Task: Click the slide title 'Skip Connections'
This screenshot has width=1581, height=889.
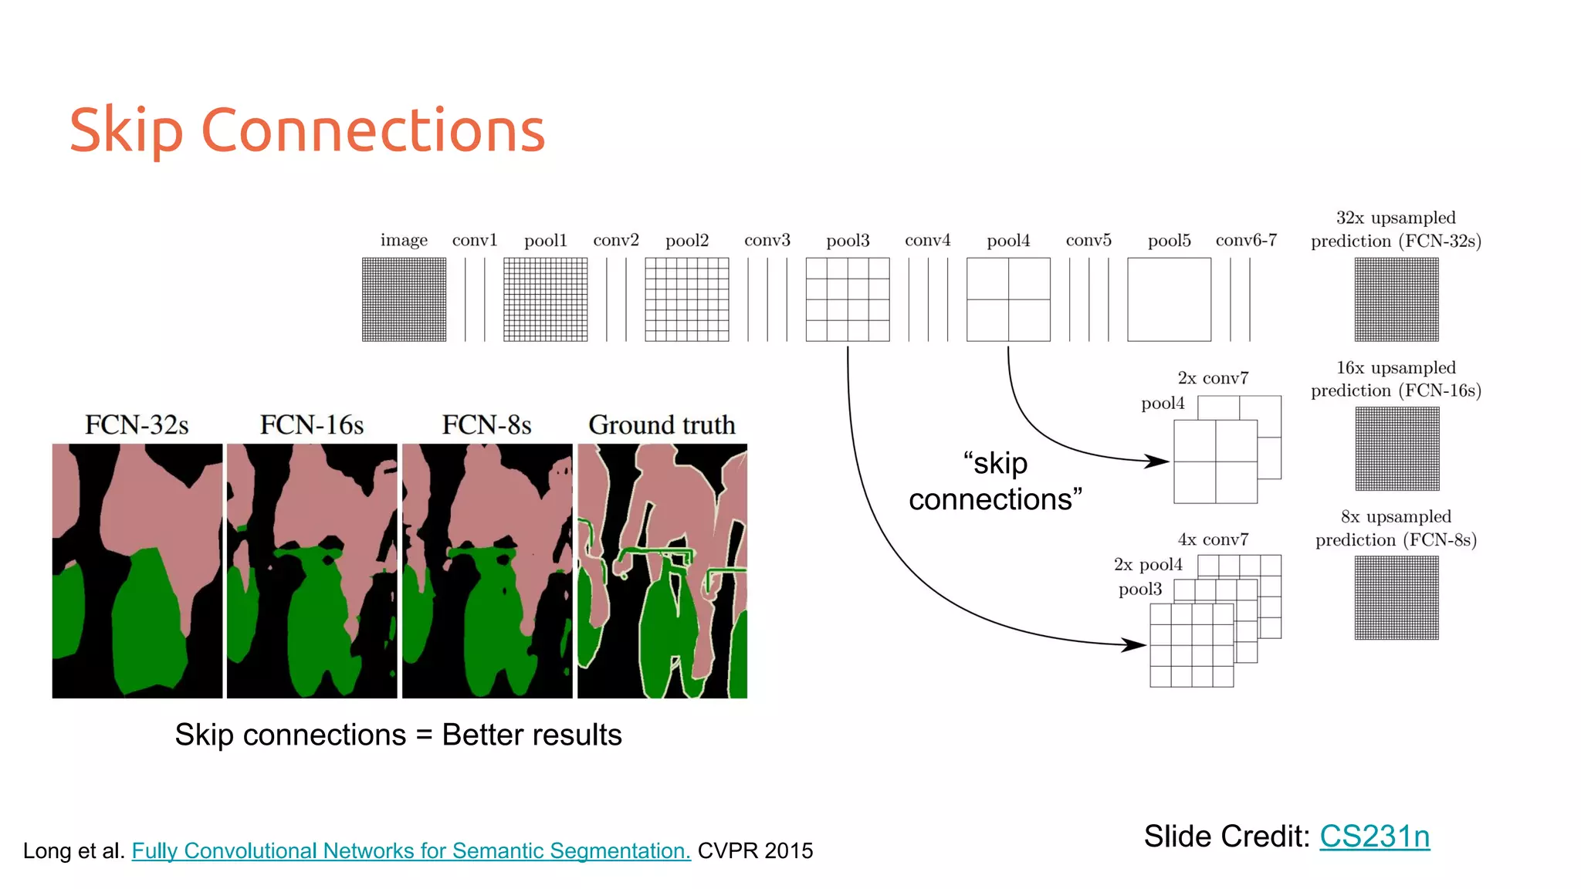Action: (307, 130)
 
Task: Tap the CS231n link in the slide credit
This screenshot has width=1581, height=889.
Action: (1374, 837)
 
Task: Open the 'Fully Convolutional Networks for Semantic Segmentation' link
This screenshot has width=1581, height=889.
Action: (411, 850)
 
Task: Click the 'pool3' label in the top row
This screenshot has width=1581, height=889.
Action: (848, 241)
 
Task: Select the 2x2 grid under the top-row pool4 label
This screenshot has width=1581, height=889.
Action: (1008, 299)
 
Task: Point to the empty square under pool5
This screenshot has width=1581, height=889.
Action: (1169, 299)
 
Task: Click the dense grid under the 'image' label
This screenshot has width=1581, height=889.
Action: (404, 299)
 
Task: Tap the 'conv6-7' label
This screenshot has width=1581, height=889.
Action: (1246, 240)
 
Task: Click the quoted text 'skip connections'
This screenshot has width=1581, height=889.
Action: (995, 482)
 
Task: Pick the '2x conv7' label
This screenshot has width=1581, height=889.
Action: (1213, 378)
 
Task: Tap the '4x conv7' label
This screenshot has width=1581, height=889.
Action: (1213, 539)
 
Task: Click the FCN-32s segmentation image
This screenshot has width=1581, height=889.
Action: (137, 571)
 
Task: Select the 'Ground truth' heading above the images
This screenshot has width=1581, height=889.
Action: (662, 424)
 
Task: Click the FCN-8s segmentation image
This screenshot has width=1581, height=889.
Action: (487, 571)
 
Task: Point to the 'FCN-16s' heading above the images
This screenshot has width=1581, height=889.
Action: (312, 424)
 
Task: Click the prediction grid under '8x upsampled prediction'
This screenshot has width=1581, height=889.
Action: (1396, 598)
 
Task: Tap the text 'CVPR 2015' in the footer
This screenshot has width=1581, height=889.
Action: (755, 850)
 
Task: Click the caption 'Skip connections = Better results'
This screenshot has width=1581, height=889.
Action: (398, 735)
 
